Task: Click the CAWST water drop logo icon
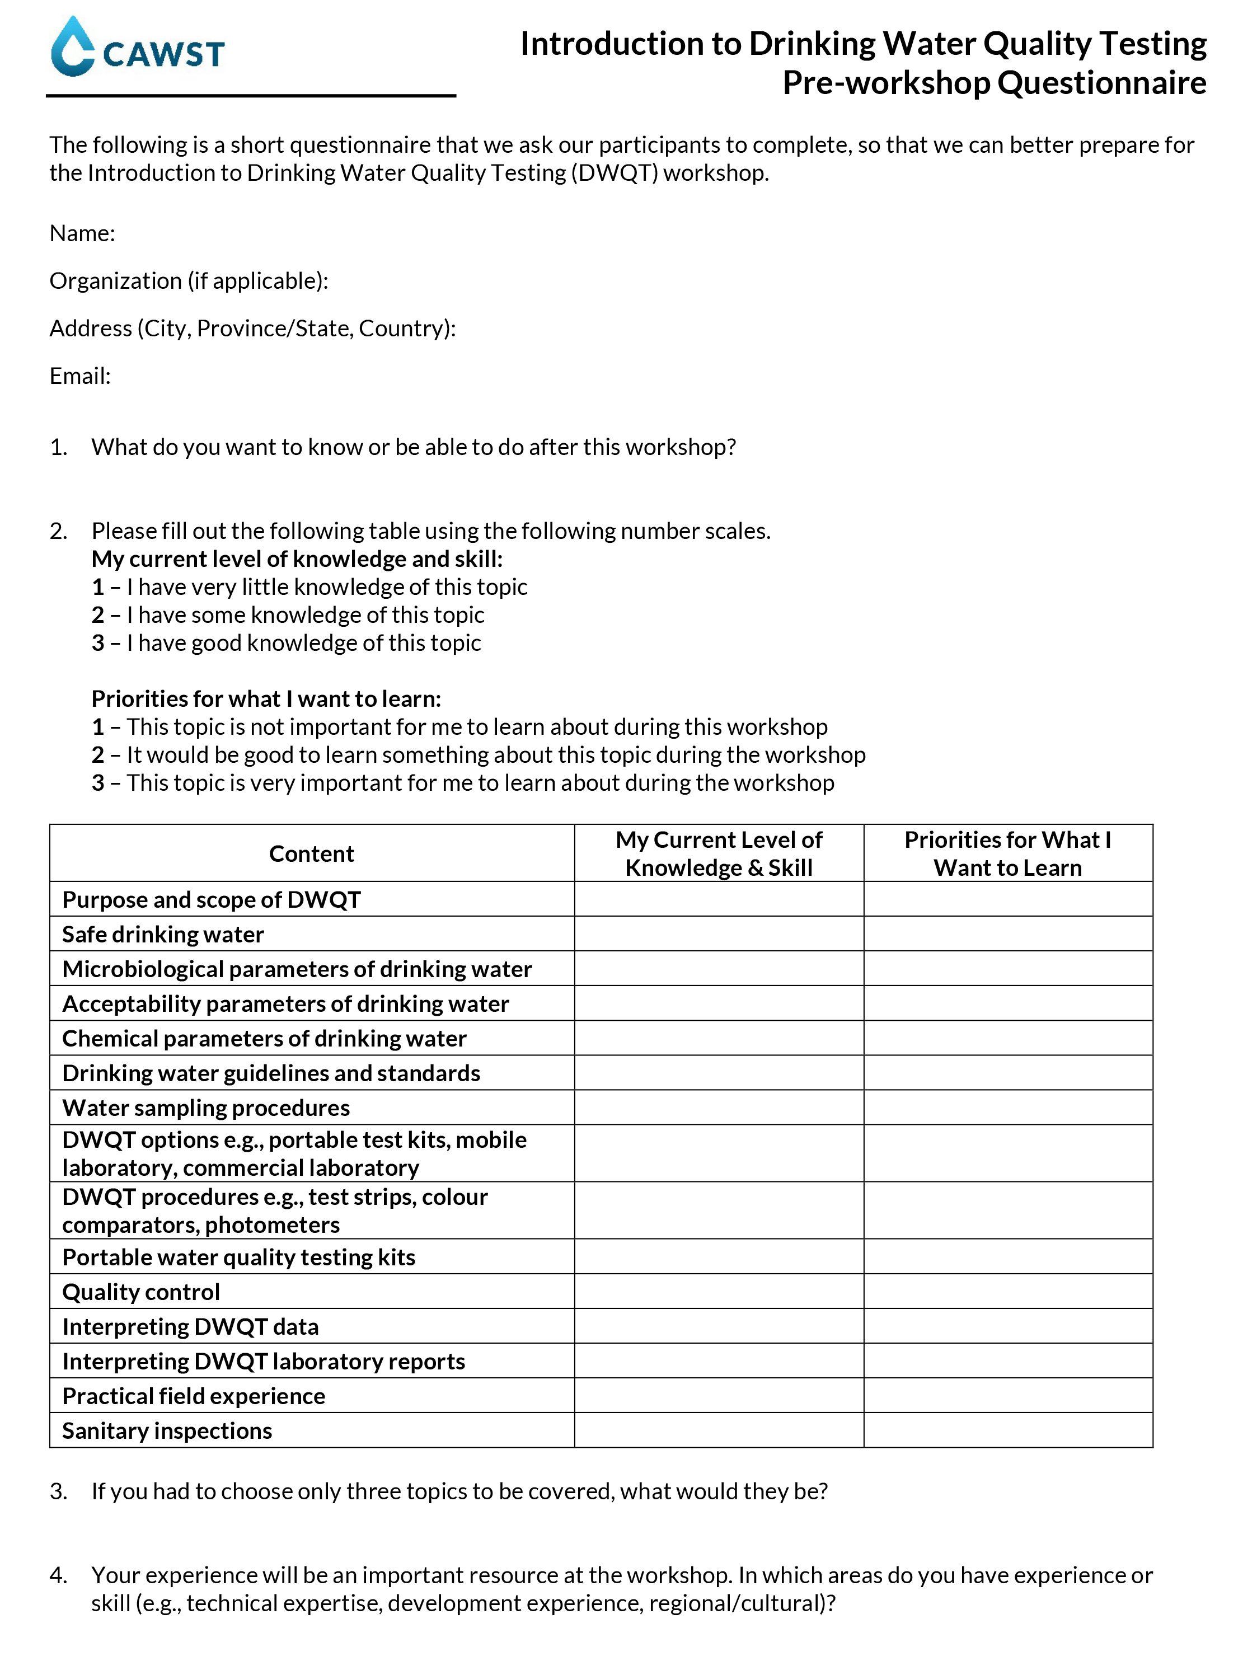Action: (73, 47)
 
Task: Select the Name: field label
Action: (82, 233)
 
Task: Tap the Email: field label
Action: (80, 376)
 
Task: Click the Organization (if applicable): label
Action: (189, 281)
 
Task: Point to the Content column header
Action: (311, 853)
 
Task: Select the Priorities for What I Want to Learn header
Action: (1007, 853)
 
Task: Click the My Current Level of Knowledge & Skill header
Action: (719, 853)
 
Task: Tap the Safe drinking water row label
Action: (163, 935)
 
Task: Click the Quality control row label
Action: (141, 1292)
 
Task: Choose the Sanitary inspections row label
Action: (167, 1430)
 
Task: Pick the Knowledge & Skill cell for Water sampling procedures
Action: (719, 1108)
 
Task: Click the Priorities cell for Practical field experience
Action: (1007, 1396)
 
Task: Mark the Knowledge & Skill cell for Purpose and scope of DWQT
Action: (719, 899)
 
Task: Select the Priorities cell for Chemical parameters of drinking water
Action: (1007, 1038)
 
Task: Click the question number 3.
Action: (58, 1491)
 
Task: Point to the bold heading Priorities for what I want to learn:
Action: (266, 698)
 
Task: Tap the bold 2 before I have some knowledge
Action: (98, 615)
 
